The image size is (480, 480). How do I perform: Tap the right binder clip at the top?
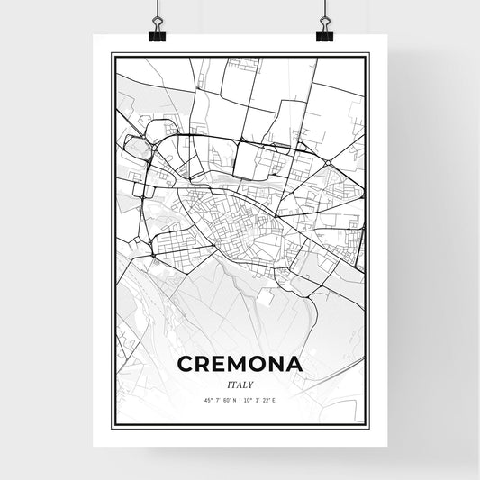coord(323,33)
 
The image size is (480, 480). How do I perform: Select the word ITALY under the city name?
coord(240,384)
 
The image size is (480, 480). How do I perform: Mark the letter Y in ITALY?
coord(252,384)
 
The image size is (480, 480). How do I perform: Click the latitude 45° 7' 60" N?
coord(215,401)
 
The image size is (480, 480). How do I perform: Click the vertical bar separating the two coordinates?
coord(240,401)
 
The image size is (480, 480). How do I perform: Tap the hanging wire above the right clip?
coord(323,9)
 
